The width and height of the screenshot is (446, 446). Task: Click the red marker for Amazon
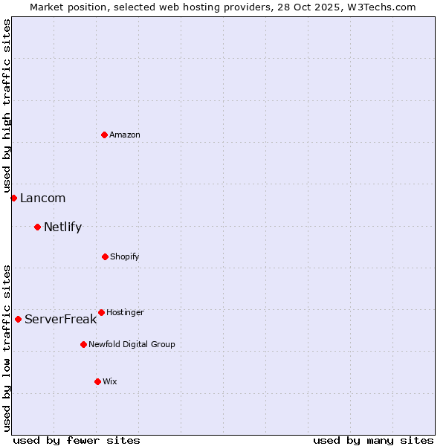[104, 135]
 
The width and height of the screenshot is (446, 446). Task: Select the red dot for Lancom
[13, 198]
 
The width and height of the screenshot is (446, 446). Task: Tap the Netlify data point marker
[37, 227]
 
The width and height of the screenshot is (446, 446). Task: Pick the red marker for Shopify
[105, 256]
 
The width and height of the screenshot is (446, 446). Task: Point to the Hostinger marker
[101, 312]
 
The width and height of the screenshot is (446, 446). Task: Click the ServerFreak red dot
[18, 319]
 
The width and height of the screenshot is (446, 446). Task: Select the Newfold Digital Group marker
[83, 344]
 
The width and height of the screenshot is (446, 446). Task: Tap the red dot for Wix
[97, 381]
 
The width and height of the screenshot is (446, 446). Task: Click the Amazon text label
[125, 135]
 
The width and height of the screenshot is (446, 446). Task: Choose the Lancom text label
[42, 198]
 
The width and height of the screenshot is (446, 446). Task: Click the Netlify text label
[62, 227]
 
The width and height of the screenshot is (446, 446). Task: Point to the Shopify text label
[125, 256]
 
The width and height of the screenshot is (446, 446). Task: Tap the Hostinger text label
[125, 312]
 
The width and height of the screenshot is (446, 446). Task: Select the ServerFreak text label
[60, 319]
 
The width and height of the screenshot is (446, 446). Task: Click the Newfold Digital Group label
[132, 344]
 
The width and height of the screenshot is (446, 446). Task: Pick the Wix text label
[110, 381]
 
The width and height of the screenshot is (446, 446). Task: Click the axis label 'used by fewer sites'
[77, 440]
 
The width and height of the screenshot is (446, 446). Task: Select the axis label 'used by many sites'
[373, 440]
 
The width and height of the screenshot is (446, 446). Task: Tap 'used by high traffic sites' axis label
[7, 106]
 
